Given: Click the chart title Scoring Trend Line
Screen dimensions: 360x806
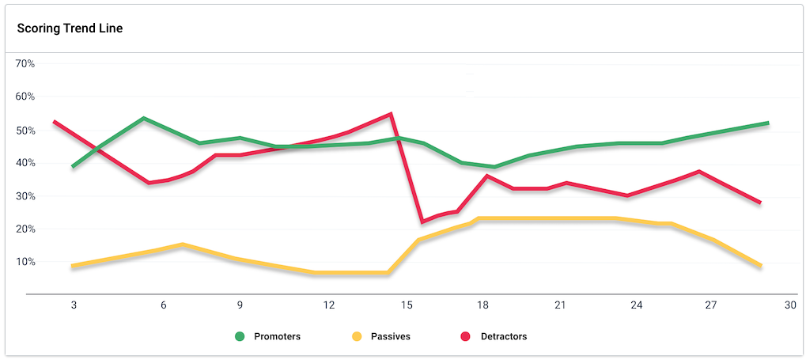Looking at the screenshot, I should point(70,28).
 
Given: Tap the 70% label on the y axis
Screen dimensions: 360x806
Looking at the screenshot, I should point(25,63).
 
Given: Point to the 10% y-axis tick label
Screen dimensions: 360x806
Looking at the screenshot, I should point(25,261).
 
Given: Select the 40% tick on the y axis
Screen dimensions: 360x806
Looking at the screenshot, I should point(25,162).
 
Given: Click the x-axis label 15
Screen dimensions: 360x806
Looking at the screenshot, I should point(407,305).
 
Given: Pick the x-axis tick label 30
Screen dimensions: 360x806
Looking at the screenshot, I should point(789,305).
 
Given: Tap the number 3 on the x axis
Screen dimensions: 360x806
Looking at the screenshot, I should point(74,305).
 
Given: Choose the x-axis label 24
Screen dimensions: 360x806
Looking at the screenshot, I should point(636,305).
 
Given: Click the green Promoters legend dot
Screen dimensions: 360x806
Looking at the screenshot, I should point(240,336).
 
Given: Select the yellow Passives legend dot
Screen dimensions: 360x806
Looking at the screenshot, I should point(357,336).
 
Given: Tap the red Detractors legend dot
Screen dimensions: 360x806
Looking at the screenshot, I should point(467,336).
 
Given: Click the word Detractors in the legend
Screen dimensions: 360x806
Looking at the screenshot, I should point(503,336).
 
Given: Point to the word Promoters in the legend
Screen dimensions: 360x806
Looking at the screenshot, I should point(277,336).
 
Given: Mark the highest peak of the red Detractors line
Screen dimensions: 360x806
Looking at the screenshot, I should point(391,114).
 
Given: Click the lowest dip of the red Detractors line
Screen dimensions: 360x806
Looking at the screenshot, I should point(422,222).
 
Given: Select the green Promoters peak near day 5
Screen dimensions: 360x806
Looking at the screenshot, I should point(143,119).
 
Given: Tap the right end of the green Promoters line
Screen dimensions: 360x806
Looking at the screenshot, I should point(768,123).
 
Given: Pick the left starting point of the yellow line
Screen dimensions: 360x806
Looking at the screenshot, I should point(72,267).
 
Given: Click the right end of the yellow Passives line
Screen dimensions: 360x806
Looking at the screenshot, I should point(761,267).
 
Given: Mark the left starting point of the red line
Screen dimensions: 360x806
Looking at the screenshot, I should point(54,122).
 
